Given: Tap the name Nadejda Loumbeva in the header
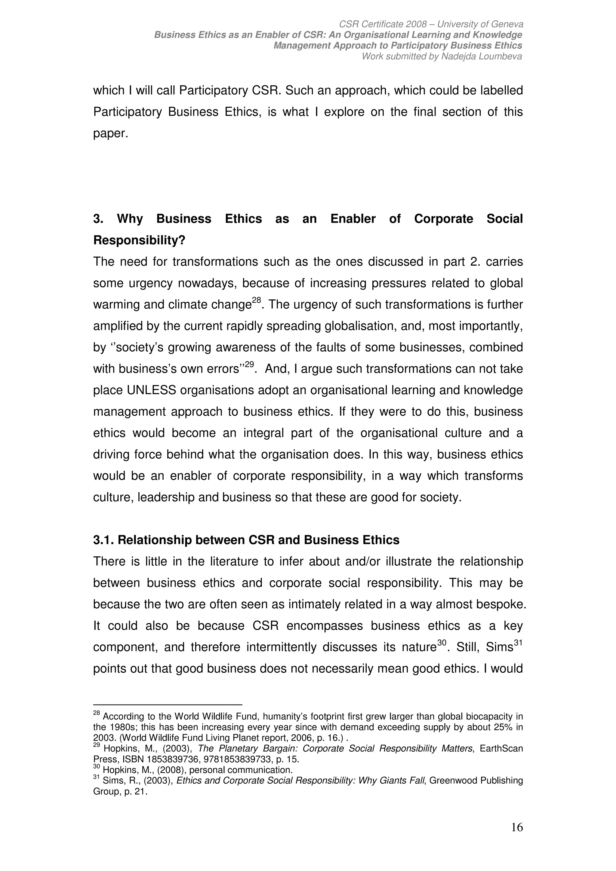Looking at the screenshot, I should [x=481, y=57].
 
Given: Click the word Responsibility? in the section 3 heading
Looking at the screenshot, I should [x=139, y=240].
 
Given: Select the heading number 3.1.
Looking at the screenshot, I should [x=103, y=540].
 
